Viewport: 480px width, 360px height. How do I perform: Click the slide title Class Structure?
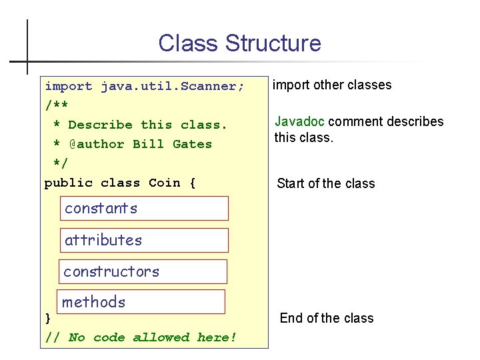tap(239, 43)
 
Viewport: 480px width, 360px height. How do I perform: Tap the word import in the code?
tap(68, 86)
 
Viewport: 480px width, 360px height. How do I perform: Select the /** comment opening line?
tap(56, 105)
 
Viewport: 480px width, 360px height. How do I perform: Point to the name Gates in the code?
tap(192, 144)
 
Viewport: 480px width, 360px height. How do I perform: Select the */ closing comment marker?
tap(60, 163)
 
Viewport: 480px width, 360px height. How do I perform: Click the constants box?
tap(144, 208)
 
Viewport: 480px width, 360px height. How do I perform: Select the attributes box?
tap(144, 240)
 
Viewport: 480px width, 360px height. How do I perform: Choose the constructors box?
tap(143, 271)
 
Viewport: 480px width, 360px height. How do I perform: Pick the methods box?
tap(142, 302)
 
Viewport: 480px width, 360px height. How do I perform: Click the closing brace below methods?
tap(47, 318)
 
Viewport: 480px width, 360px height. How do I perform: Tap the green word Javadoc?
tap(300, 121)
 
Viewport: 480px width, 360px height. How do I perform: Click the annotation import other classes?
tap(332, 85)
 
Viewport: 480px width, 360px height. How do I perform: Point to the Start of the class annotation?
tap(326, 183)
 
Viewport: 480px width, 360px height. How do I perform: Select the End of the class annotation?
tap(327, 318)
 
